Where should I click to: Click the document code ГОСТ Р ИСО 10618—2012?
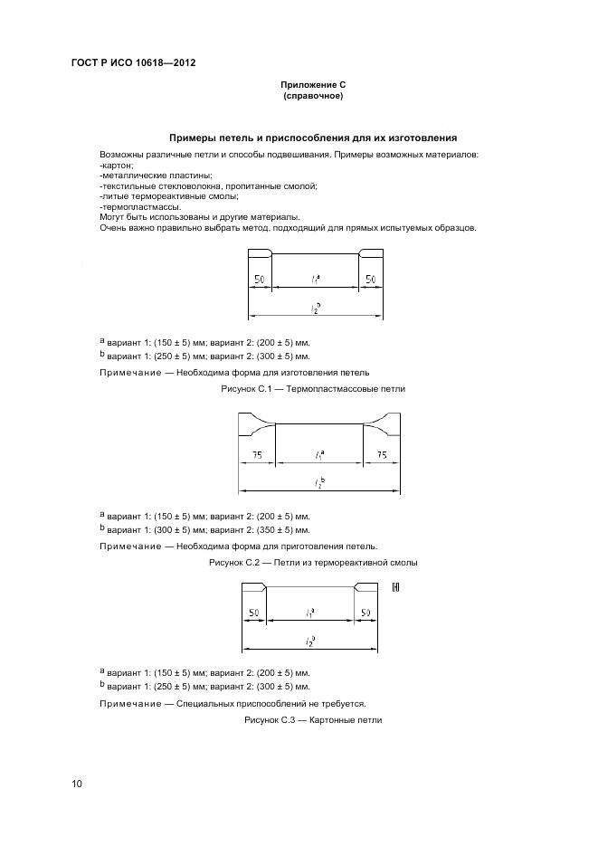point(133,63)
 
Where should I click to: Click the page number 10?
point(77,783)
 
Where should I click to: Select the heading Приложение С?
point(313,84)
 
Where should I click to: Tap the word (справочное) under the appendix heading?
point(313,95)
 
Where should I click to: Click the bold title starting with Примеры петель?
point(313,138)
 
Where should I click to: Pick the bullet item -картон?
point(117,166)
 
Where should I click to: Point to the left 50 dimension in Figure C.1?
point(259,280)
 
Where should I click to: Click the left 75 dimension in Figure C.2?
point(257,456)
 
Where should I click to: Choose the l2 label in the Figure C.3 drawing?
point(309,641)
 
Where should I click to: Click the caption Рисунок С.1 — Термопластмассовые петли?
point(313,388)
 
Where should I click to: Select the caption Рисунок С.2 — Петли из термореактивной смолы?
point(313,563)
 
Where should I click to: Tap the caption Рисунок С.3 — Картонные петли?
point(313,720)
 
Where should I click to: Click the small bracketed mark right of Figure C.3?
point(395,587)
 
